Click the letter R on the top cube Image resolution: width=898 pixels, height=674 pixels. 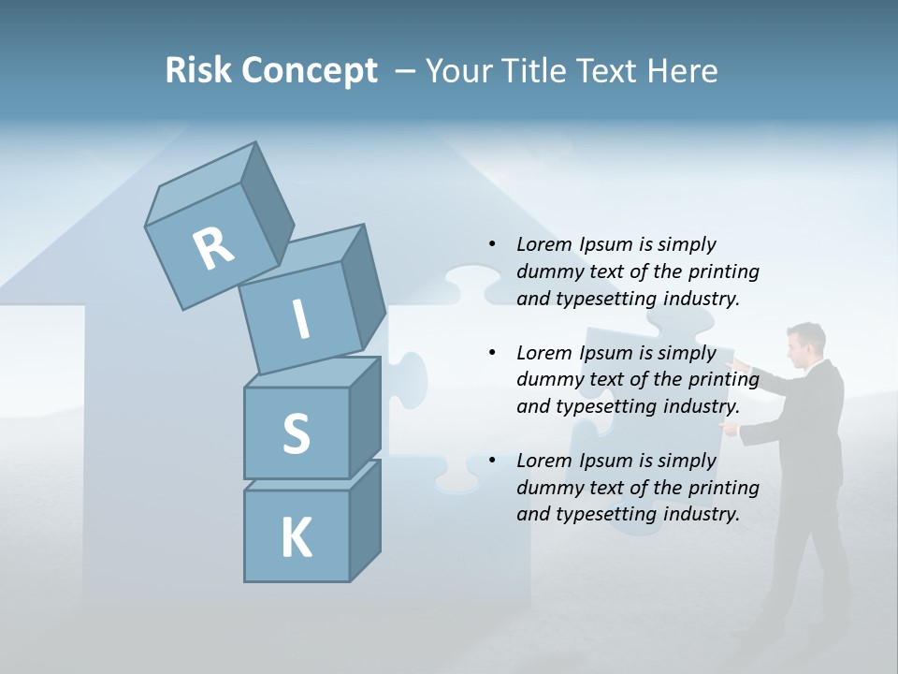click(213, 248)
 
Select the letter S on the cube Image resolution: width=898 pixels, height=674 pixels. click(296, 433)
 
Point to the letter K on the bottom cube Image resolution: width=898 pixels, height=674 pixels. click(296, 538)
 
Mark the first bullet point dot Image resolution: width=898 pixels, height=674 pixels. click(492, 245)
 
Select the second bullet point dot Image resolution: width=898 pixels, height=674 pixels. click(492, 354)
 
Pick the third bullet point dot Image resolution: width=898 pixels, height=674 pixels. click(492, 462)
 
